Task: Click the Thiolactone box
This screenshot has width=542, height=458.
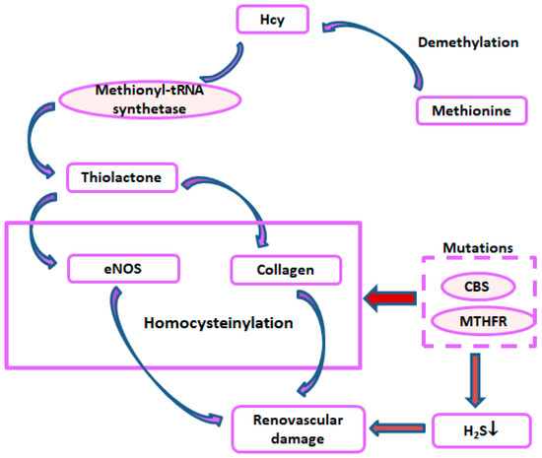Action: (115, 179)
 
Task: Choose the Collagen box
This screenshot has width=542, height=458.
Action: (284, 268)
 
